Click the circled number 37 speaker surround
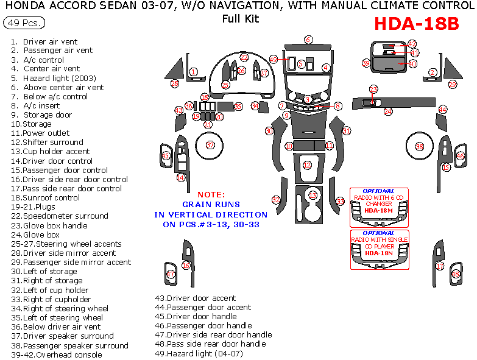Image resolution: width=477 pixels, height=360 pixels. pyautogui.click(x=210, y=145)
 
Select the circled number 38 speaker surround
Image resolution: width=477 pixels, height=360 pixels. pyautogui.click(x=419, y=147)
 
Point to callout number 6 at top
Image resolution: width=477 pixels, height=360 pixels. pyautogui.click(x=308, y=40)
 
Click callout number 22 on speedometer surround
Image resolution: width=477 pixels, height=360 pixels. pyautogui.click(x=244, y=57)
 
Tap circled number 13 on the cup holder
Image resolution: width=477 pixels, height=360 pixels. pyautogui.click(x=313, y=196)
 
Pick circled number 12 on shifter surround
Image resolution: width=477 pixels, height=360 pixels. pyautogui.click(x=307, y=165)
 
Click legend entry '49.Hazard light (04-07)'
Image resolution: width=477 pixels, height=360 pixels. pyautogui.click(x=199, y=353)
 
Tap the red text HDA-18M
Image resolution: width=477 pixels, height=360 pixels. pyautogui.click(x=379, y=210)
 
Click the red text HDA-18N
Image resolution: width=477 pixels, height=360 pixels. pyautogui.click(x=379, y=253)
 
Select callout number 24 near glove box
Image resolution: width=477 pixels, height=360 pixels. pyautogui.click(x=388, y=112)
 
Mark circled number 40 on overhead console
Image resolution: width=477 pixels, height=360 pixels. pyautogui.click(x=412, y=63)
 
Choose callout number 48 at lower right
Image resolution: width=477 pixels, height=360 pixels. pyautogui.click(x=456, y=275)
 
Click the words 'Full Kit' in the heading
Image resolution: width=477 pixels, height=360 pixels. pyautogui.click(x=241, y=18)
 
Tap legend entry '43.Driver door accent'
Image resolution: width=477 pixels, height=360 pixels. pyautogui.click(x=195, y=298)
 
